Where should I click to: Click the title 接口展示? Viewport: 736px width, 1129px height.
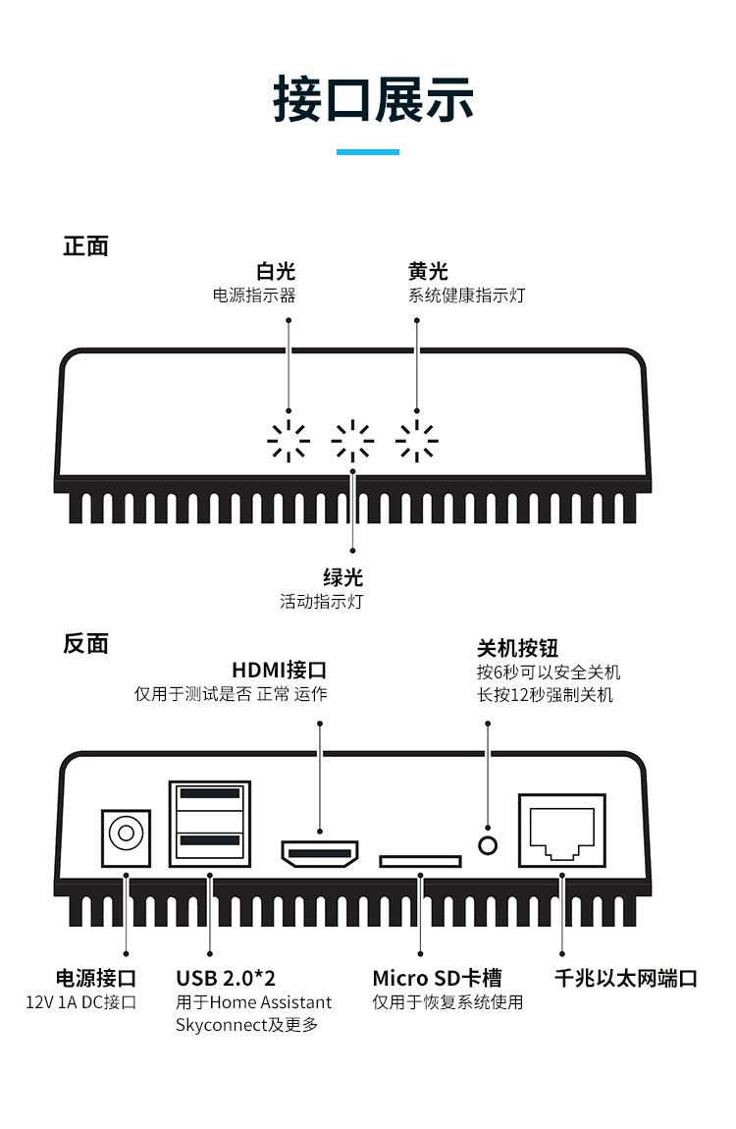click(373, 99)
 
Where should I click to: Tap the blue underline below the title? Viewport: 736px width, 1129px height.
click(368, 152)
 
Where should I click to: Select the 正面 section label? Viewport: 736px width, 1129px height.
click(85, 246)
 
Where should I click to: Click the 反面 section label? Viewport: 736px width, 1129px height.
click(85, 644)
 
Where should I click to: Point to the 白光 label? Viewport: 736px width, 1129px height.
click(276, 272)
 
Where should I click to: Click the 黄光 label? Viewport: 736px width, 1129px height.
click(428, 272)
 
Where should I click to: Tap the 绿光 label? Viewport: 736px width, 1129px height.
click(342, 578)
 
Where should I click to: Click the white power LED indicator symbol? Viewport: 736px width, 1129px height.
click(289, 442)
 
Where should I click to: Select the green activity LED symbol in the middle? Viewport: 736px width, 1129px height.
click(352, 442)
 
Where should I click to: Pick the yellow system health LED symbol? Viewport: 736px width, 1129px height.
click(417, 442)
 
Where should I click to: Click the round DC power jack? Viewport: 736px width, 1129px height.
click(126, 834)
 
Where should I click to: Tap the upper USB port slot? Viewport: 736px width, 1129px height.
click(210, 793)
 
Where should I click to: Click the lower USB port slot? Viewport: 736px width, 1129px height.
click(210, 840)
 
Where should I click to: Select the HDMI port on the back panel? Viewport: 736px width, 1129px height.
click(320, 853)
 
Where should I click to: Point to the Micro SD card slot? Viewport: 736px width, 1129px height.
click(420, 861)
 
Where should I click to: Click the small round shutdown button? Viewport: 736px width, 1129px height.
click(487, 843)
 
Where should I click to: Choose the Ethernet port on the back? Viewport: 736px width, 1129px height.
click(561, 831)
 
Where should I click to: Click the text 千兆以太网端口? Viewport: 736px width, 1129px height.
click(625, 979)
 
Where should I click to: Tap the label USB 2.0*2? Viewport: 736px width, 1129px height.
click(226, 979)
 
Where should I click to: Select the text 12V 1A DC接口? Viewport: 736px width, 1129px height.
click(81, 1002)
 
